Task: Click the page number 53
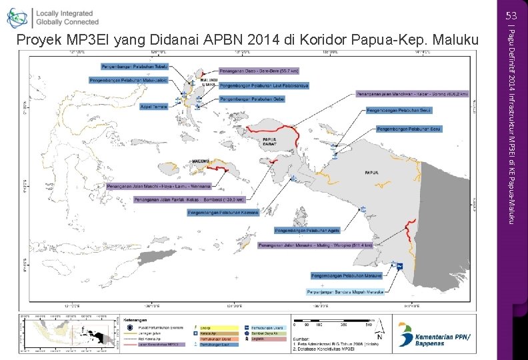(511, 15)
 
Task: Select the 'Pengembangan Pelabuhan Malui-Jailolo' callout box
(127, 79)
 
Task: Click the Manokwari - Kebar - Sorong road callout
(413, 94)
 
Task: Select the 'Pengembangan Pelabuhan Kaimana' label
(223, 213)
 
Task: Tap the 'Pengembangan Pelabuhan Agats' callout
(307, 231)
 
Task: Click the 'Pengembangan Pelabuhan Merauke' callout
(346, 275)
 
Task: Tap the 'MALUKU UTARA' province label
(209, 82)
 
